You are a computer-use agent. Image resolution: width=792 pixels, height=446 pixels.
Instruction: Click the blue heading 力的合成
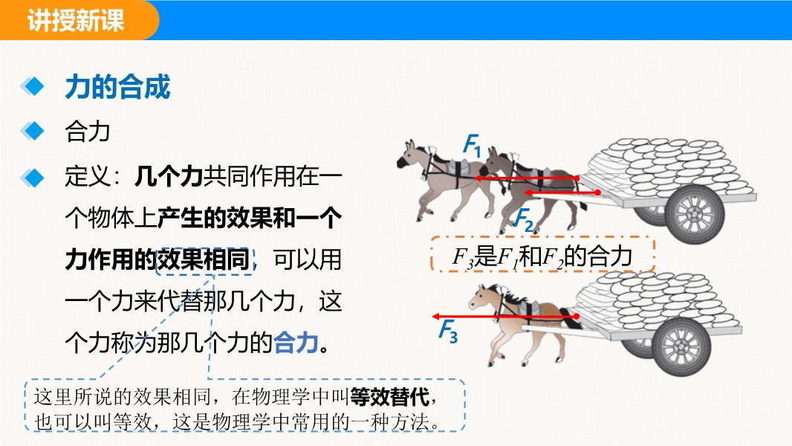117,87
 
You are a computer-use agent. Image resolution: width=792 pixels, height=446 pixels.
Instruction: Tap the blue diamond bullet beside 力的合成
33,86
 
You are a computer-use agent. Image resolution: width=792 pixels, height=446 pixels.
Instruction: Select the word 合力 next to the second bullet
88,132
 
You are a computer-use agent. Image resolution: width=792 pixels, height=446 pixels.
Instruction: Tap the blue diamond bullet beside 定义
33,178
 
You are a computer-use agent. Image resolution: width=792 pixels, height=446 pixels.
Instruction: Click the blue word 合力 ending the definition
296,343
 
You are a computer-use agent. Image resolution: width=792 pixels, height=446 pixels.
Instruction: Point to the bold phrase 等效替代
389,397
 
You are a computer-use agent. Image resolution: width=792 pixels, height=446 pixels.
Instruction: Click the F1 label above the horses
473,145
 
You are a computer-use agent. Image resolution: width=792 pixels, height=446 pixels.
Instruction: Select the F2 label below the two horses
524,220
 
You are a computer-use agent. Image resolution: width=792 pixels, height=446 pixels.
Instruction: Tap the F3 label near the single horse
448,332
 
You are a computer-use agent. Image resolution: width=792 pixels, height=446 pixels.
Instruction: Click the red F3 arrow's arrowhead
436,317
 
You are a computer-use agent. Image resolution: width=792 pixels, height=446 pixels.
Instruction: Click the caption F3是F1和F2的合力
542,256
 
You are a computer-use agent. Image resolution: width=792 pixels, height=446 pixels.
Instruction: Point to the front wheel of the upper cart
695,214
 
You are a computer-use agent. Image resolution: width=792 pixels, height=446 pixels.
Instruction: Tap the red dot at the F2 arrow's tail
598,193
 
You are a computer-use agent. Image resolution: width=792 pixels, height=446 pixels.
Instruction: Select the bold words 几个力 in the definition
168,176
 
